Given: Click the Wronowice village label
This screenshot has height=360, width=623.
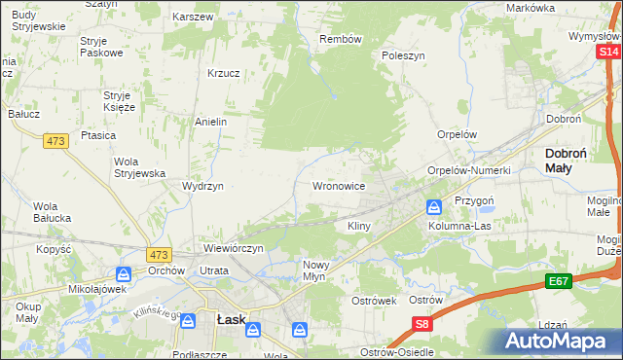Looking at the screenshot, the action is click(338, 185).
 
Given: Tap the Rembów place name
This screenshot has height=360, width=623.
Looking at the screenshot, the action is click(341, 40).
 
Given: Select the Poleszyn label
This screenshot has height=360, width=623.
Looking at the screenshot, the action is click(404, 55).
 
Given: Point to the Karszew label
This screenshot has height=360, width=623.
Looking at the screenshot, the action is click(193, 18).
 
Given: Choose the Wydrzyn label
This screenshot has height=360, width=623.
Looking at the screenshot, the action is click(203, 185).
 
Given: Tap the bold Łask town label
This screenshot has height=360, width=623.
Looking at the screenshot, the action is click(230, 318).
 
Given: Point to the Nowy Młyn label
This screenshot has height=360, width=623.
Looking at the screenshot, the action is click(322, 270).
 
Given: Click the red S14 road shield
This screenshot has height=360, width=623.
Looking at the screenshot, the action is click(609, 51).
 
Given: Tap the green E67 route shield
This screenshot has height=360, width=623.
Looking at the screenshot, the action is click(558, 281).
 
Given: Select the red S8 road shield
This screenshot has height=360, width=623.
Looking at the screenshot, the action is click(421, 325).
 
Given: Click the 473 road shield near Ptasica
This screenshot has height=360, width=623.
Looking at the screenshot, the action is click(55, 141).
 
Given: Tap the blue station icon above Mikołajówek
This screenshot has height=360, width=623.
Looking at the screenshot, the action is click(123, 274).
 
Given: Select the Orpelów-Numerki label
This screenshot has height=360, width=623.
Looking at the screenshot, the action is click(469, 170).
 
